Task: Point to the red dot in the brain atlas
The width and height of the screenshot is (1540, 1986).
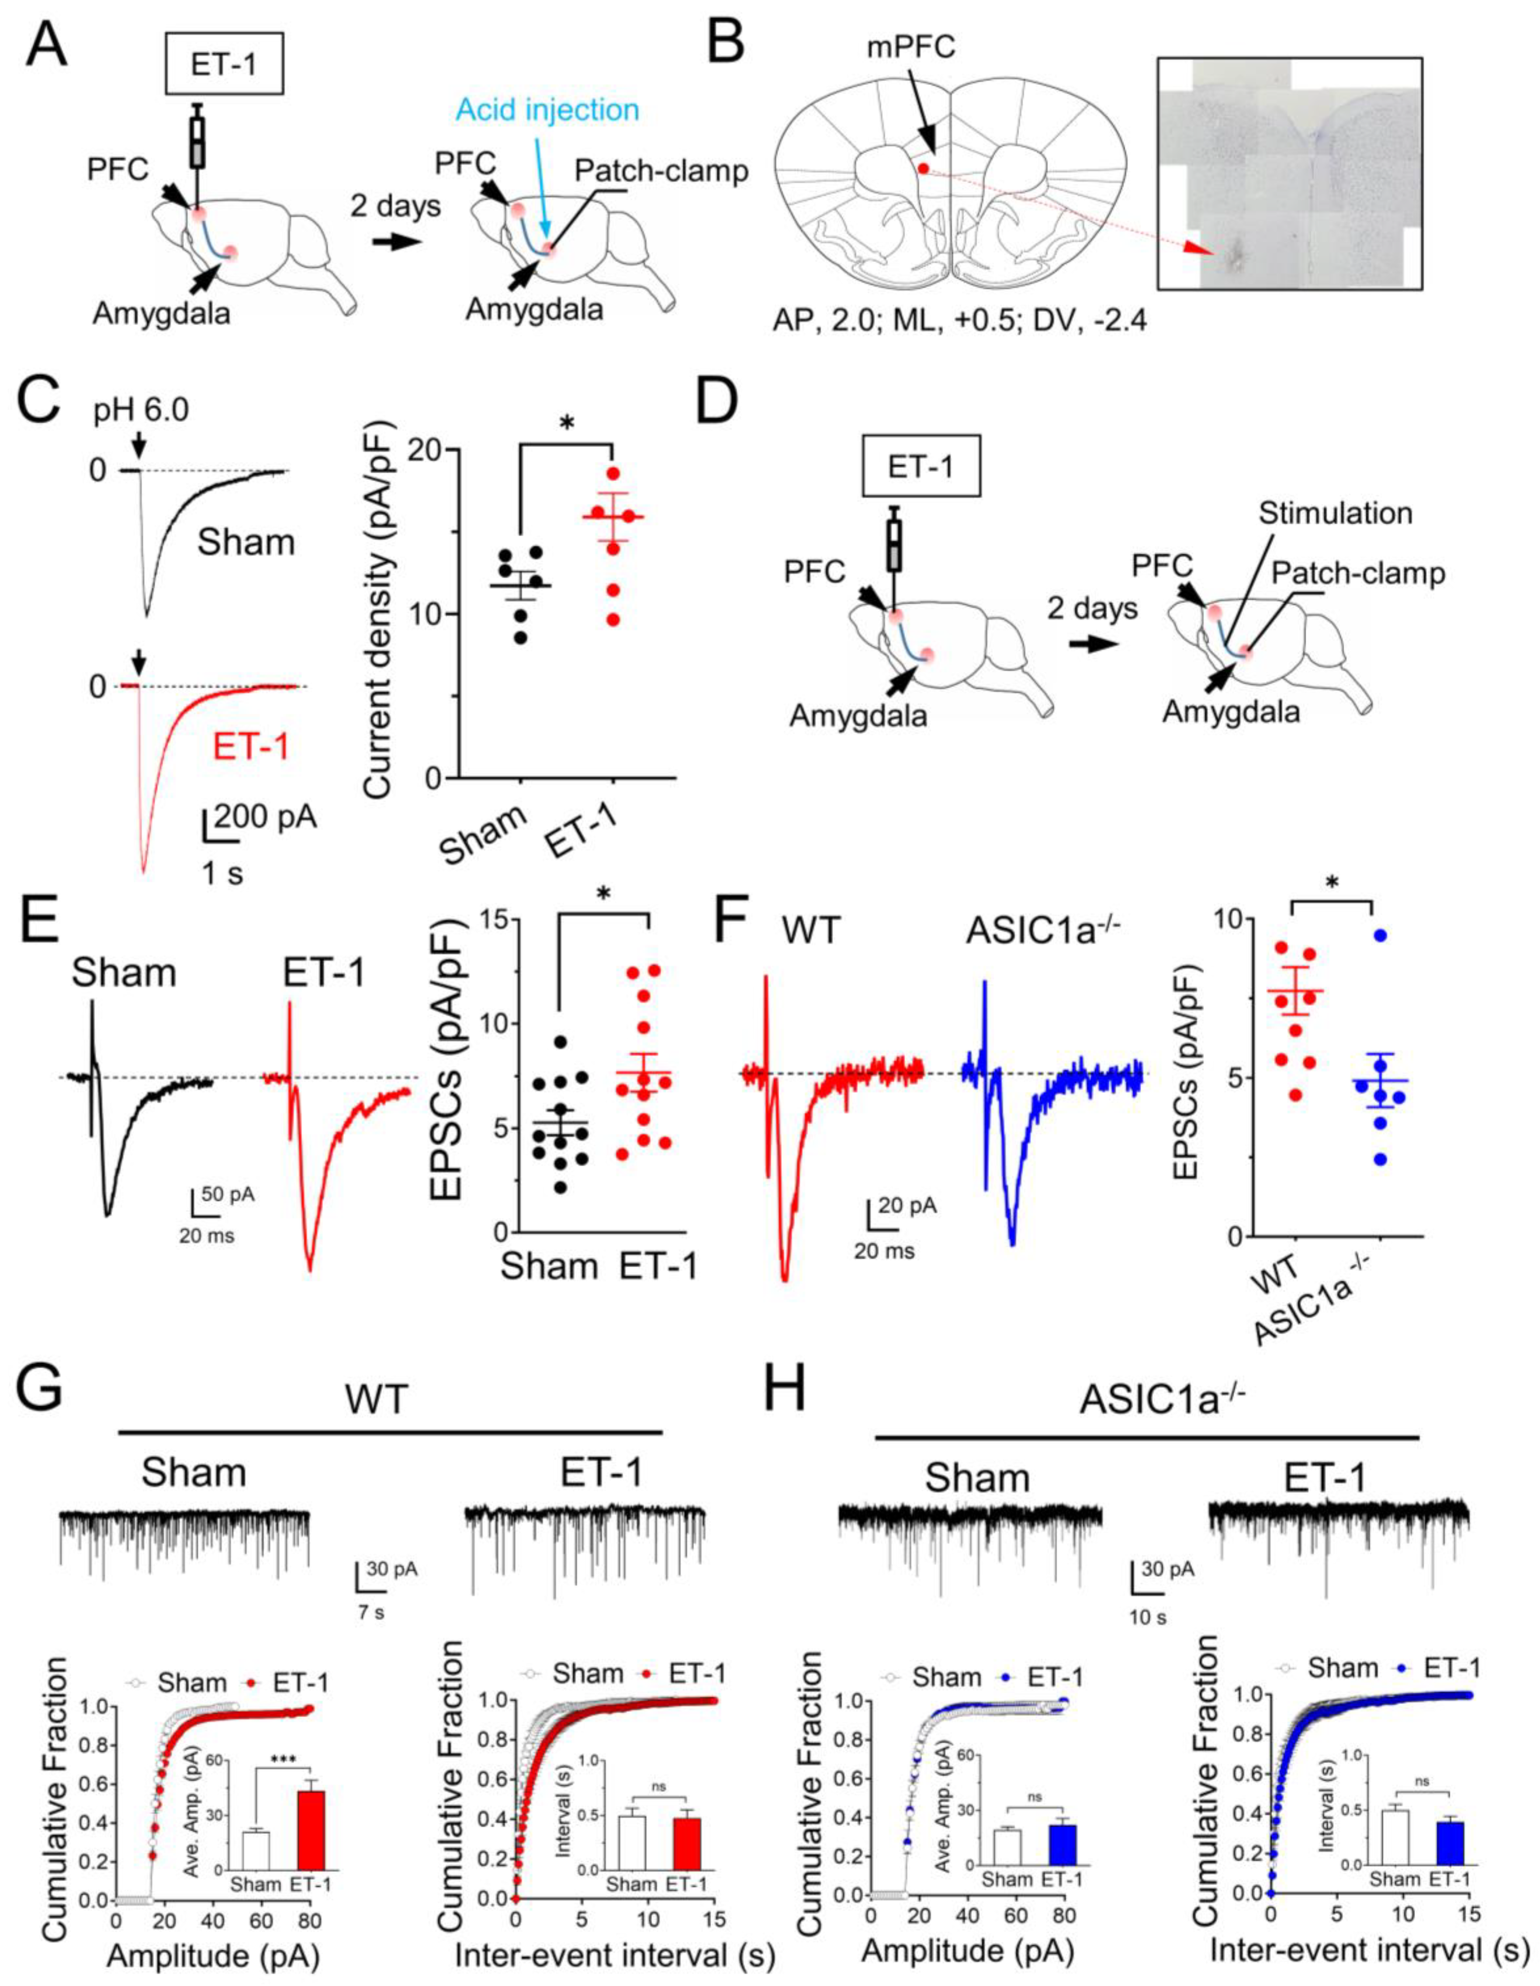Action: (x=923, y=168)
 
